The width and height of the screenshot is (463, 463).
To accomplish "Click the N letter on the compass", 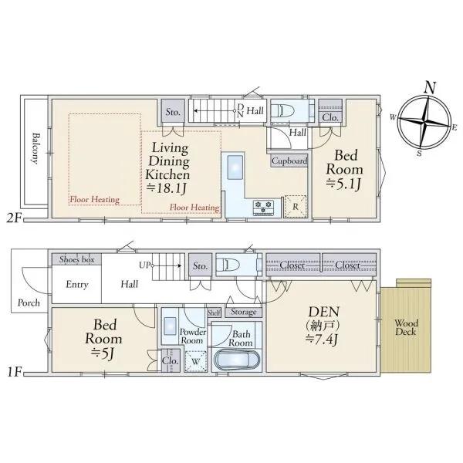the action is pyautogui.click(x=430, y=87).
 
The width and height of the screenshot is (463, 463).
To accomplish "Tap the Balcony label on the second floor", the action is pyautogui.click(x=35, y=148).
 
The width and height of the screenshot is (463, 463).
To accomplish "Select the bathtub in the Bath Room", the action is pyautogui.click(x=237, y=360).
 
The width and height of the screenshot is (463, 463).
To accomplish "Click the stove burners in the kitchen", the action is pyautogui.click(x=263, y=206).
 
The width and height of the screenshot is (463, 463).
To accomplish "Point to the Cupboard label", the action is pyautogui.click(x=289, y=161).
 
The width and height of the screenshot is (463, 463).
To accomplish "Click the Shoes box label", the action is pyautogui.click(x=76, y=259).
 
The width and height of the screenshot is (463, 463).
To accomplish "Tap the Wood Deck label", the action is pyautogui.click(x=407, y=327).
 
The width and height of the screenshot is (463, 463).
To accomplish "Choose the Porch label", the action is pyautogui.click(x=29, y=302).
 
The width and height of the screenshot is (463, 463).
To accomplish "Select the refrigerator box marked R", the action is pyautogui.click(x=296, y=207).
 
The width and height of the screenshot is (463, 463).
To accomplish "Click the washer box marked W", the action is pyautogui.click(x=195, y=361).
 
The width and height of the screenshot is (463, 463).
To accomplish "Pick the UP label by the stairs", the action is pyautogui.click(x=144, y=265).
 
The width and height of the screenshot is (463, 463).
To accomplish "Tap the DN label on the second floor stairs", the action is pyautogui.click(x=240, y=110).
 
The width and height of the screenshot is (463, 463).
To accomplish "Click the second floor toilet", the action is pyautogui.click(x=282, y=111).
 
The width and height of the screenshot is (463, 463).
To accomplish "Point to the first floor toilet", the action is pyautogui.click(x=228, y=265).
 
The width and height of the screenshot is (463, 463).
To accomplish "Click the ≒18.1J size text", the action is pyautogui.click(x=167, y=188).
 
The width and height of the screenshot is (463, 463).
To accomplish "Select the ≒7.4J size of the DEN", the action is pyautogui.click(x=322, y=340).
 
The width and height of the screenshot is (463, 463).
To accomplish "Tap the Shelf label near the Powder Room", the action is pyautogui.click(x=214, y=313).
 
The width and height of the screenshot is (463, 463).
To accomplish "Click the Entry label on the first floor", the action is pyautogui.click(x=77, y=285).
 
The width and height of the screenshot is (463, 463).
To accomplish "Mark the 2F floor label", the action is pyautogui.click(x=14, y=218).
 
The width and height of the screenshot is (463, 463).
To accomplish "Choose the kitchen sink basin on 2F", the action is pyautogui.click(x=235, y=167).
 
